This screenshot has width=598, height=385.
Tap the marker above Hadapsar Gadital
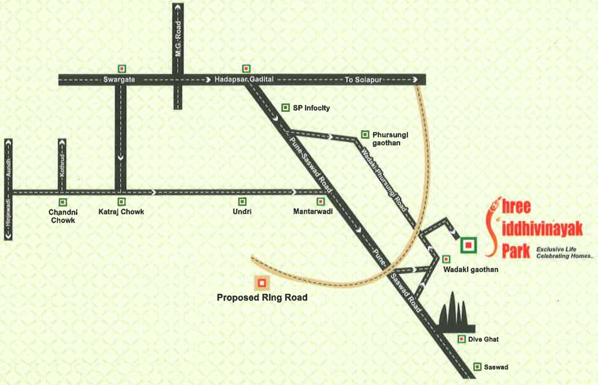246,68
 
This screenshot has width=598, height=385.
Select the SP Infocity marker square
285,107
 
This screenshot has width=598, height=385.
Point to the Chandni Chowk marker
63,202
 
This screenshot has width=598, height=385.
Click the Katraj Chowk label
121,212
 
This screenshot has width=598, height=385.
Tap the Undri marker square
242,202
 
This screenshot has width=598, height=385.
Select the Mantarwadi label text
313,212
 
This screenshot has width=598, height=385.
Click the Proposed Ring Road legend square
262,283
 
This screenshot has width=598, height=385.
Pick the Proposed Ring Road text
262,298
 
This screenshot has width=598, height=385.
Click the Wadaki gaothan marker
446,259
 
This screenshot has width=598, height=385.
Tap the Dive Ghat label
484,340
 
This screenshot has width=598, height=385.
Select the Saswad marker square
477,366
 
